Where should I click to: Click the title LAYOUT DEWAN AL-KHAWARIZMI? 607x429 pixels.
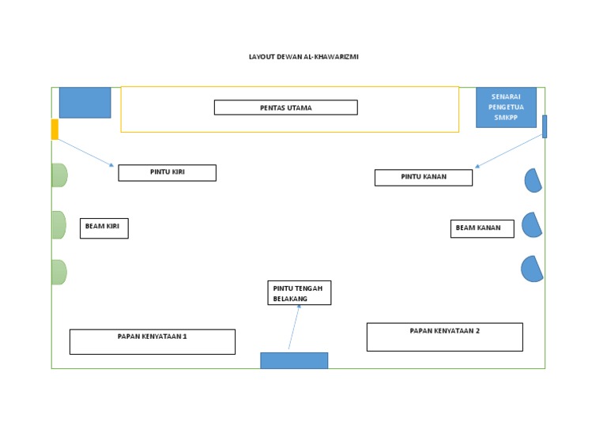click(x=303, y=57)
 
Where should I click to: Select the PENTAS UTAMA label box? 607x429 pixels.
click(x=285, y=107)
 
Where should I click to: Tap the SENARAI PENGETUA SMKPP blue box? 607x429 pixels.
click(x=506, y=107)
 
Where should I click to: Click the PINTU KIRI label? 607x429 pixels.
click(x=167, y=172)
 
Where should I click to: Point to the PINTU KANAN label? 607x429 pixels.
click(x=423, y=178)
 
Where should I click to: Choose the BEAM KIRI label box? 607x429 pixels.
click(x=104, y=228)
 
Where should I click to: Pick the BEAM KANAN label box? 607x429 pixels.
click(x=482, y=228)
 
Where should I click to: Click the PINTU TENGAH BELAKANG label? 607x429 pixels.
click(x=299, y=292)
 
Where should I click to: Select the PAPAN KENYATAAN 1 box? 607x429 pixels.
click(x=153, y=341)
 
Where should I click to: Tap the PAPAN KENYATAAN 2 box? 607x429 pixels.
click(x=444, y=337)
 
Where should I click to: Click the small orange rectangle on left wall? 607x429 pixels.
click(x=55, y=130)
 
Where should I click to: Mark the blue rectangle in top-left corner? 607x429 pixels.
click(x=85, y=103)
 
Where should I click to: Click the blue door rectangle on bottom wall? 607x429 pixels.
click(x=294, y=360)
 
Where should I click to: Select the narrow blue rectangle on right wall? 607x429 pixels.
click(x=544, y=126)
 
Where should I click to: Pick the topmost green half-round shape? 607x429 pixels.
click(x=58, y=175)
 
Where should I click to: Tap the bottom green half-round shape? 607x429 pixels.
click(x=58, y=272)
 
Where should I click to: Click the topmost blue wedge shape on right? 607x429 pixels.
click(x=533, y=181)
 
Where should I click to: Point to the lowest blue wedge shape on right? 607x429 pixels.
click(x=532, y=269)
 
